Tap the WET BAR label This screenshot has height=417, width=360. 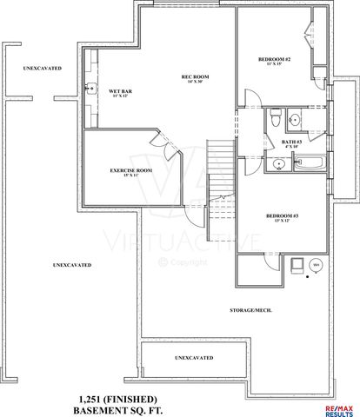point(119,90)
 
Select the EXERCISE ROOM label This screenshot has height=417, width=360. point(131,170)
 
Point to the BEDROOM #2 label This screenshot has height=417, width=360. point(274,58)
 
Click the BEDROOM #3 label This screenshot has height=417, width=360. point(280,215)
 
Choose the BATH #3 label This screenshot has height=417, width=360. point(292,142)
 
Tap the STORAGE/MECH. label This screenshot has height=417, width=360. point(247,310)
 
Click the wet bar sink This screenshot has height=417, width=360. point(91,88)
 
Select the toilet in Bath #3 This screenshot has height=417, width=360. point(273,115)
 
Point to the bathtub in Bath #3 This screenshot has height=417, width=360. point(309,162)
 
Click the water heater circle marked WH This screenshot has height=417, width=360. point(316,264)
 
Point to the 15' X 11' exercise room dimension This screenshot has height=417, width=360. point(131,176)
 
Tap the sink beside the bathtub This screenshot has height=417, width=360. point(278,162)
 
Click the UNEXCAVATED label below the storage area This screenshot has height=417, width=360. point(194,357)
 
